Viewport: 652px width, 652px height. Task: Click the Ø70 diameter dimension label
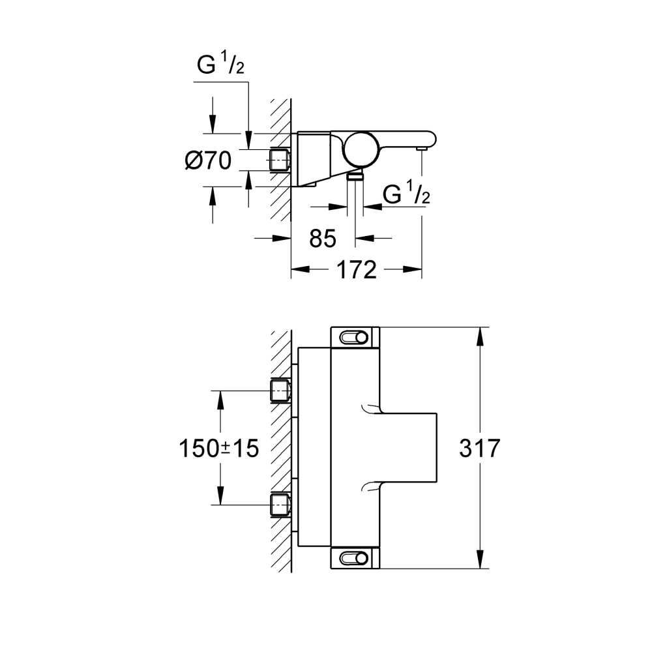tap(208, 160)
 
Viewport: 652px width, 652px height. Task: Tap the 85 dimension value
tap(322, 239)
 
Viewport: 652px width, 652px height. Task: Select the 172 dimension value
tap(357, 269)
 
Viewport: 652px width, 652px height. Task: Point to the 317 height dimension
tap(480, 448)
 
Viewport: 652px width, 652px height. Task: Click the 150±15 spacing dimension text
tap(218, 448)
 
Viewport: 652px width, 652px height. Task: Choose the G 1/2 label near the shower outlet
tap(406, 194)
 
